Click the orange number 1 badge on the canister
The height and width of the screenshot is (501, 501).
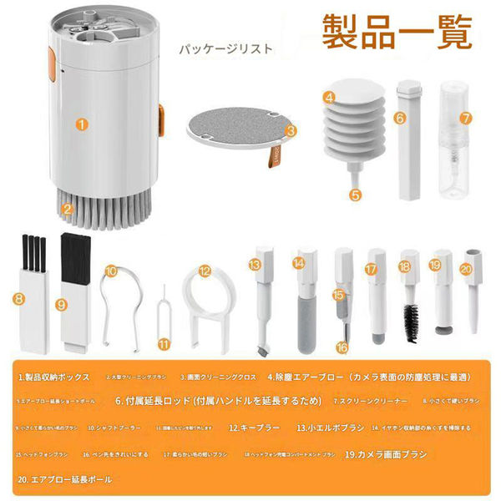click(x=81, y=126)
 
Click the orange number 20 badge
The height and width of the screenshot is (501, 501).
click(x=466, y=270)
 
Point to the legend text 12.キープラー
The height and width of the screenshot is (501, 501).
click(x=254, y=428)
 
